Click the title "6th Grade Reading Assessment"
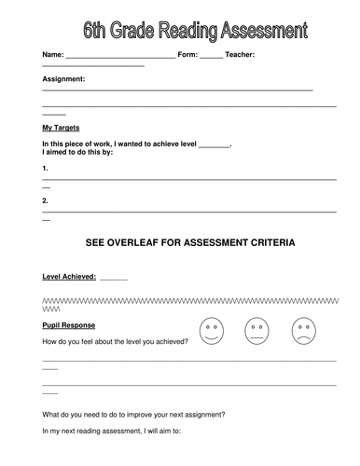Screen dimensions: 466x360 click(x=194, y=32)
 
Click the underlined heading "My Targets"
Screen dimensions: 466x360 click(x=61, y=127)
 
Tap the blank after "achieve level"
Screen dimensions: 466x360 click(x=214, y=146)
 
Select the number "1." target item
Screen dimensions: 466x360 click(x=46, y=168)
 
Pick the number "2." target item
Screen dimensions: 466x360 click(x=46, y=199)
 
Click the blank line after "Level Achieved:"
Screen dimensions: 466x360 click(x=114, y=279)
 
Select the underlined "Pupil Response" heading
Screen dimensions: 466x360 click(x=69, y=326)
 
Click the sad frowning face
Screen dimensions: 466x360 click(x=301, y=330)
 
